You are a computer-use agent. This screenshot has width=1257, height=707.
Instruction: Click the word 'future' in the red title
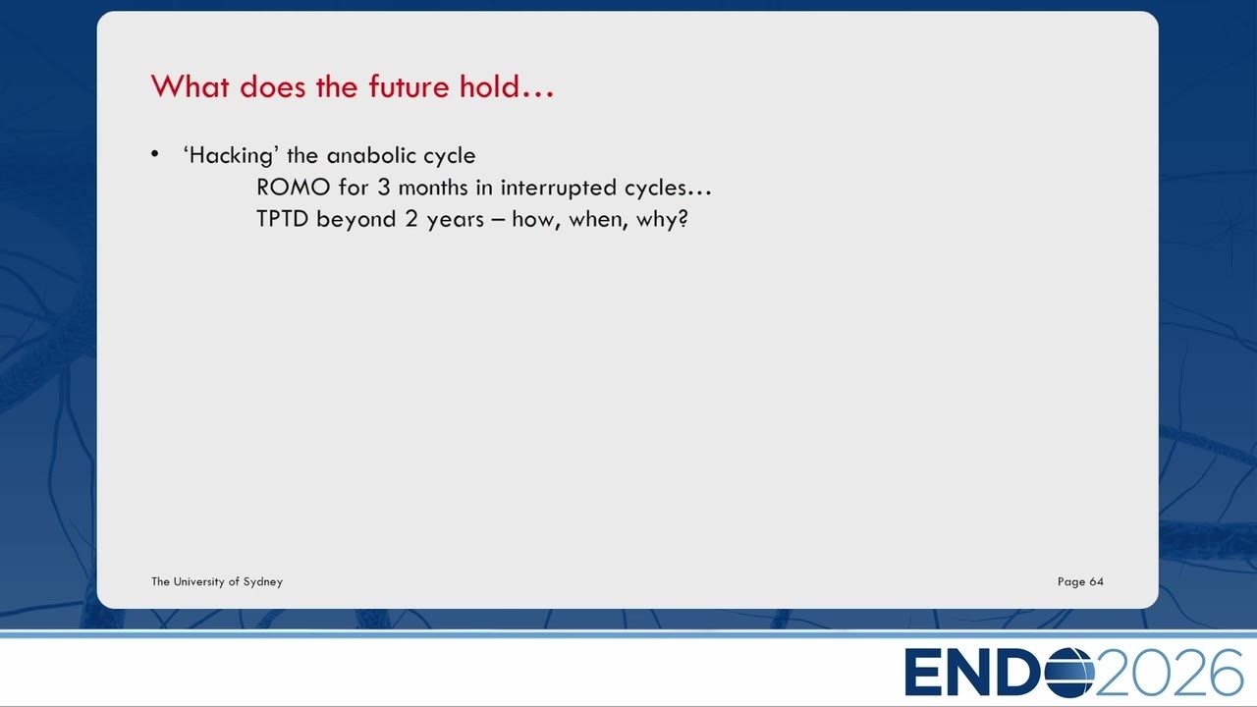click(x=409, y=87)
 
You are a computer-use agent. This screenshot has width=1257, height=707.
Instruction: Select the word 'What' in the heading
click(x=191, y=87)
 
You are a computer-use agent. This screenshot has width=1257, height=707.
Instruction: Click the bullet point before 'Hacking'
click(x=155, y=154)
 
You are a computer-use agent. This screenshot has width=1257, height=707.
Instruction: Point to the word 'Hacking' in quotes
click(x=231, y=156)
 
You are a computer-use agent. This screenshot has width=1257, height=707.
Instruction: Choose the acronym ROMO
click(x=293, y=188)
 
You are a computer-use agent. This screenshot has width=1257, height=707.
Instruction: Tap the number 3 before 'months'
click(x=383, y=188)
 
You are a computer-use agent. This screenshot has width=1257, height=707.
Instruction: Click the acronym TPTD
click(x=282, y=219)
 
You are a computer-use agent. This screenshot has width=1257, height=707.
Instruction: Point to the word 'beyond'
click(x=355, y=219)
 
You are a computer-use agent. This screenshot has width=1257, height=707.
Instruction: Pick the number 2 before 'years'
click(x=411, y=219)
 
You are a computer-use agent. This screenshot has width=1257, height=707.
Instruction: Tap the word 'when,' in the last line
click(x=598, y=219)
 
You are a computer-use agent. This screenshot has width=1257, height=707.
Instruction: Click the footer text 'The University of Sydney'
click(x=217, y=582)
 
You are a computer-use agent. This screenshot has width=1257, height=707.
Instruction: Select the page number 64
click(x=1097, y=582)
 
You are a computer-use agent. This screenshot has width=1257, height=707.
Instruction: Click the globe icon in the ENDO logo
click(x=1069, y=672)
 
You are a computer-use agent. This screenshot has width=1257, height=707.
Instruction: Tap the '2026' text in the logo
click(x=1169, y=672)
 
